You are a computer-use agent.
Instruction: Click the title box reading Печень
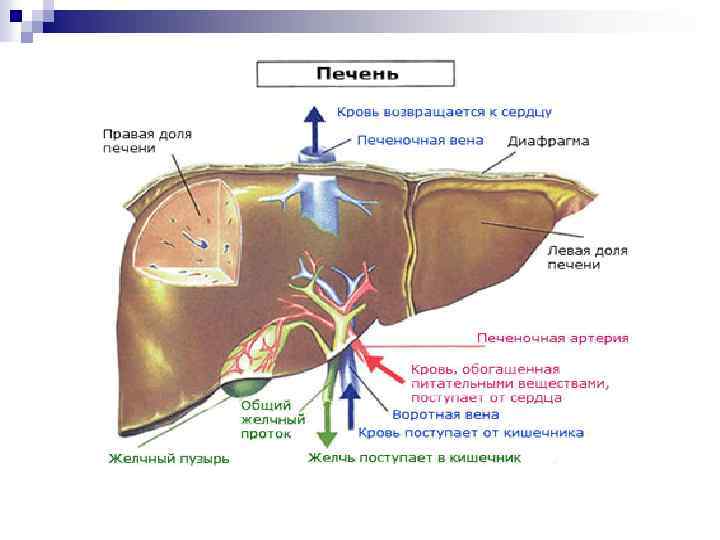coord(356,74)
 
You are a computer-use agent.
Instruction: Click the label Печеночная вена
coord(420,140)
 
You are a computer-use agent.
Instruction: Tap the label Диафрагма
coord(548,141)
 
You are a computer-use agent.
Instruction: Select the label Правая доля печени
coord(147,140)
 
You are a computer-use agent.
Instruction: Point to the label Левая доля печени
coord(587,257)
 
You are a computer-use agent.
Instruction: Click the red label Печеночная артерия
coord(552,338)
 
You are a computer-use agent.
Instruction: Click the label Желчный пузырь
coord(169,459)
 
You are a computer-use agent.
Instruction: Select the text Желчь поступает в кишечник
coord(414,458)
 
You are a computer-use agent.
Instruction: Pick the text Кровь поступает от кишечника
coord(471,433)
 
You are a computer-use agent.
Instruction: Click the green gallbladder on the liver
coord(245,384)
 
